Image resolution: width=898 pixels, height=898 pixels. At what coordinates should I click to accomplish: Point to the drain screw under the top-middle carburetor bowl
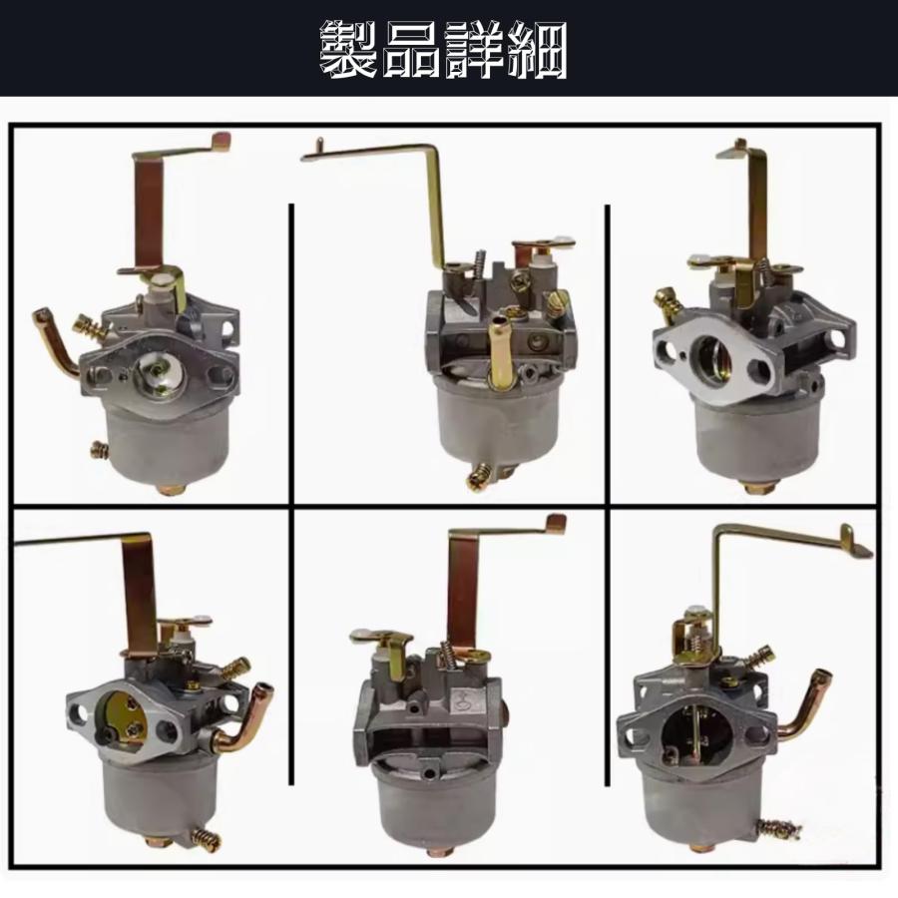[x=480, y=477]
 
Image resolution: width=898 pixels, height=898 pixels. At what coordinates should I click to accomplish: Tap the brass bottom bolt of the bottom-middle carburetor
[x=435, y=851]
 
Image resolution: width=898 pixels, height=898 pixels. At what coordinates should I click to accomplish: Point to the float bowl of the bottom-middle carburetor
[x=435, y=803]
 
